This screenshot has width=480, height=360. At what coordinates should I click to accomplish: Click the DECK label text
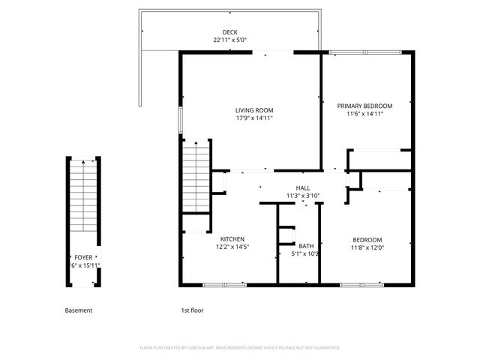(231, 32)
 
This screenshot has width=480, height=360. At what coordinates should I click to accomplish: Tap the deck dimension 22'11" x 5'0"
(231, 40)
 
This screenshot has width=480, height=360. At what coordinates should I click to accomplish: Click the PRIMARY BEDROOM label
(365, 106)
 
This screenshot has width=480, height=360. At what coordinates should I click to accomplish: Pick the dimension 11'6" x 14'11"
(365, 114)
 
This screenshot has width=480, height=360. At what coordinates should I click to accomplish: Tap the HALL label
(303, 188)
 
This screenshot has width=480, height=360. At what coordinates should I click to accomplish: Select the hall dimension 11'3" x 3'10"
(303, 196)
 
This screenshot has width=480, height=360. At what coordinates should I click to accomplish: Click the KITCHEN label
(232, 239)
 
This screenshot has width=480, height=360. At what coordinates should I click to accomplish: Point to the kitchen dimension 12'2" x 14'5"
(232, 247)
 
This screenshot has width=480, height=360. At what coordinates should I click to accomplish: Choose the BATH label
(306, 246)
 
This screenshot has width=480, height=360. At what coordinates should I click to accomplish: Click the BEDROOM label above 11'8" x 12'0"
(367, 239)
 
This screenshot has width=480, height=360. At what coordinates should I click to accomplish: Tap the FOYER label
(83, 257)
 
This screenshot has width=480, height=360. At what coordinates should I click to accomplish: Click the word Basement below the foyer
(79, 310)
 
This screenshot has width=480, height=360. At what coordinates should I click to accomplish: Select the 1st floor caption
(192, 310)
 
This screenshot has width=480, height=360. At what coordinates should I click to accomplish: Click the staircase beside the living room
(197, 177)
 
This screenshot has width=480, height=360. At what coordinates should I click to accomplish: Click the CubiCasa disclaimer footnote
(240, 348)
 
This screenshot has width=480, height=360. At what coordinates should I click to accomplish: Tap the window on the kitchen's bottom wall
(224, 285)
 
